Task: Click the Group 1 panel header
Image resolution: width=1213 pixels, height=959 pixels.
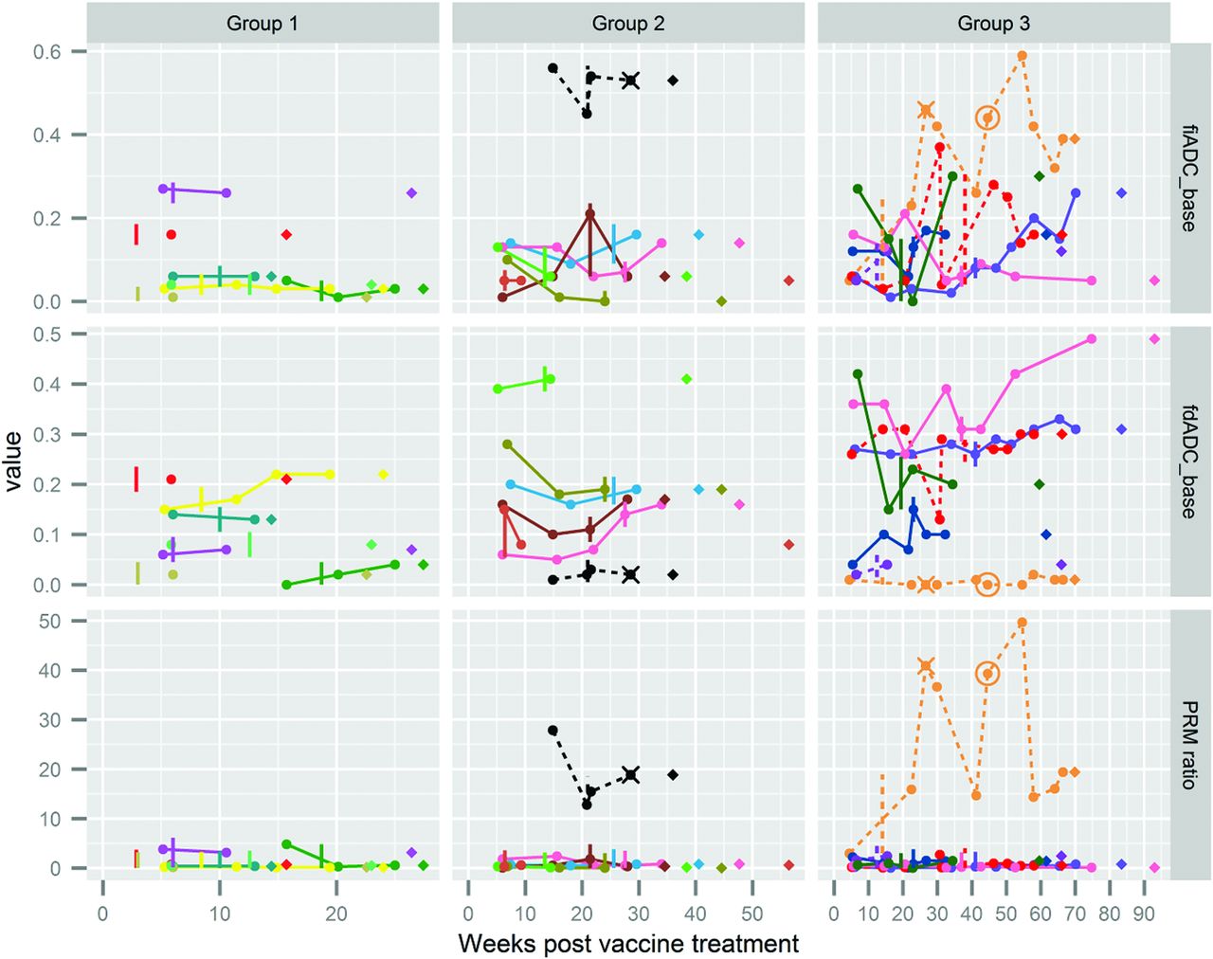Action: [263, 24]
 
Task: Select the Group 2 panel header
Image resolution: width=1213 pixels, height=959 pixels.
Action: [628, 24]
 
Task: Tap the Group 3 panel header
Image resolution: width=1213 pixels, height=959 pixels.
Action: [994, 24]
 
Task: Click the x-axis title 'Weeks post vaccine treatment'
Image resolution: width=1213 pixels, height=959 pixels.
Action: [628, 944]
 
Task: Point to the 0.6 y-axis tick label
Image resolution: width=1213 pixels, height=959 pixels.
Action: [47, 52]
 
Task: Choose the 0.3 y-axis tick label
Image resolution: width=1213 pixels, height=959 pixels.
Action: [47, 435]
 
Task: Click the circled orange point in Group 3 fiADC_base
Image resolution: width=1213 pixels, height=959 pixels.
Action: [988, 118]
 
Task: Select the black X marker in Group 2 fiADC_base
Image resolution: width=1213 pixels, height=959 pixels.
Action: [631, 81]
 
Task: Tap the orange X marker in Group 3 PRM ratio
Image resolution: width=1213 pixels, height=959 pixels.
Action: [926, 666]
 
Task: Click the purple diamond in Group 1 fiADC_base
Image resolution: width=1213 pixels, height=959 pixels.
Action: [411, 192]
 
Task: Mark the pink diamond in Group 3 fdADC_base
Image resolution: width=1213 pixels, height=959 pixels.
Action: [1154, 339]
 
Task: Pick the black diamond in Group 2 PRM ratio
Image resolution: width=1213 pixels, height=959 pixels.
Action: [673, 775]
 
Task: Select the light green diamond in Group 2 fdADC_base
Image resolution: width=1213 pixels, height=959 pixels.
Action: [686, 379]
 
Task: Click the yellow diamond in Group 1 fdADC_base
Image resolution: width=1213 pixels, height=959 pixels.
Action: [383, 474]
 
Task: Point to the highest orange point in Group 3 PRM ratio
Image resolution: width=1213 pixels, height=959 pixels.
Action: [1023, 623]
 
